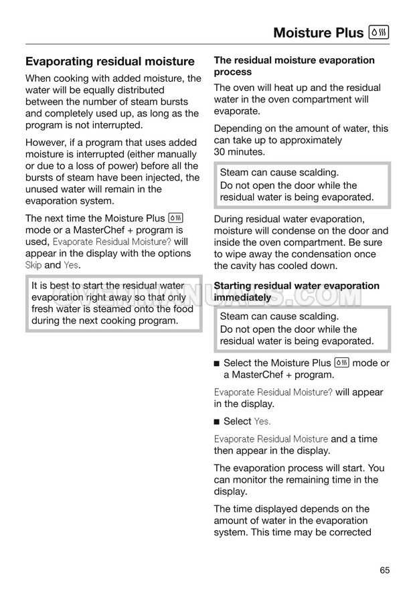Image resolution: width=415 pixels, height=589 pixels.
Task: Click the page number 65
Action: pyautogui.click(x=384, y=570)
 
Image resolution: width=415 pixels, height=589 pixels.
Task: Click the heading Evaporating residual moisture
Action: pyautogui.click(x=110, y=62)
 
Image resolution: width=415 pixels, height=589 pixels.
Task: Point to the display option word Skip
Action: pyautogui.click(x=33, y=265)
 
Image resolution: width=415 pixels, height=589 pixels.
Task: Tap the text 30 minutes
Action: pyautogui.click(x=240, y=152)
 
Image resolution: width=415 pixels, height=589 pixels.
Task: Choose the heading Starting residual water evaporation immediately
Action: pyautogui.click(x=297, y=291)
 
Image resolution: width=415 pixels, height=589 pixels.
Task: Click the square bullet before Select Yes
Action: pyautogui.click(x=217, y=422)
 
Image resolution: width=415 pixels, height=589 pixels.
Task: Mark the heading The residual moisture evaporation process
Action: pyautogui.click(x=294, y=66)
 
